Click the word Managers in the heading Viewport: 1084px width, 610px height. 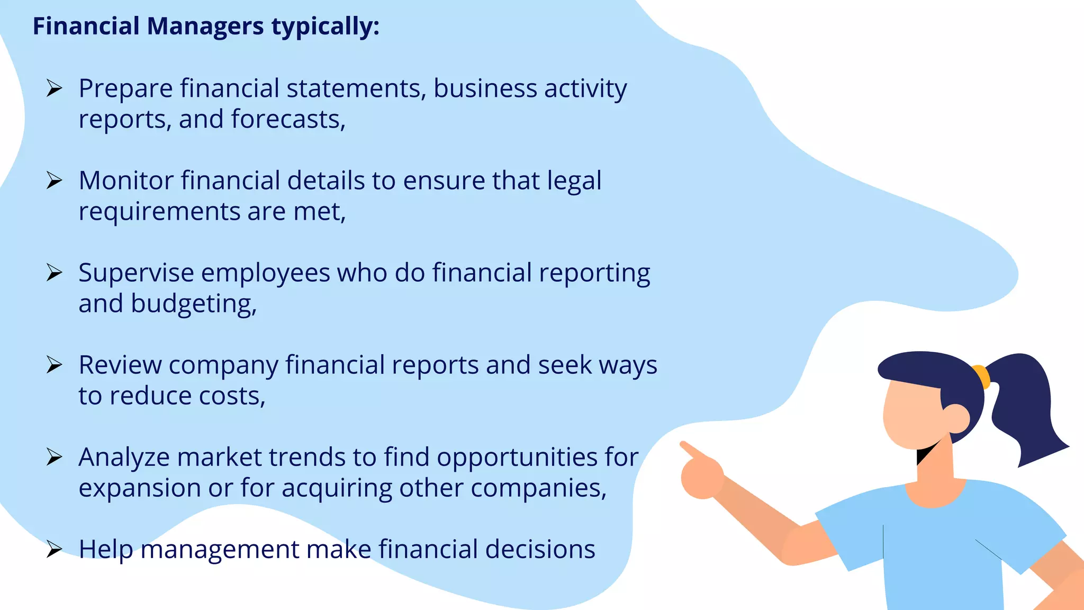point(205,26)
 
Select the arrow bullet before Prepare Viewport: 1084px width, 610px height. point(54,88)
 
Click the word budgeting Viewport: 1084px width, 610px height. point(193,304)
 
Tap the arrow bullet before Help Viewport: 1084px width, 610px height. point(54,549)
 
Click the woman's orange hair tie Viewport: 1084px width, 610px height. point(982,376)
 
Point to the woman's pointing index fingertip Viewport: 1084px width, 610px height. point(684,445)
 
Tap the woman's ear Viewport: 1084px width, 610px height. point(956,419)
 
